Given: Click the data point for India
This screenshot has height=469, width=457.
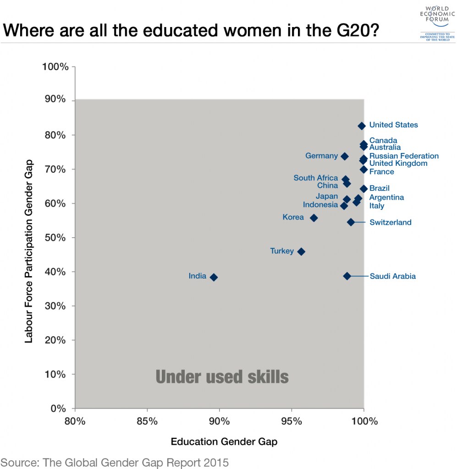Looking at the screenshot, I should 214,277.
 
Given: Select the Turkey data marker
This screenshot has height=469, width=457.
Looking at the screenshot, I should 301,251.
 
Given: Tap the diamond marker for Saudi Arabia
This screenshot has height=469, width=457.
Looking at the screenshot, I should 347,276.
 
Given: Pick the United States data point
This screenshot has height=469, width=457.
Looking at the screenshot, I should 362,125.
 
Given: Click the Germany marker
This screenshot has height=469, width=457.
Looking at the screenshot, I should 345,156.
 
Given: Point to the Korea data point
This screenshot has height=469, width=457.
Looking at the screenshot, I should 314,218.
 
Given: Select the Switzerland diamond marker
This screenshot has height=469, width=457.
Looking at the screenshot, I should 351,222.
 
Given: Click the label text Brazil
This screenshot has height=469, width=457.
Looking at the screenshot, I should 379,188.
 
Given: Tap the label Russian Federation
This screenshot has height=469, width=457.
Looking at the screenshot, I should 404,156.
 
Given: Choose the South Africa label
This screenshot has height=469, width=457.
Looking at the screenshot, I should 315,178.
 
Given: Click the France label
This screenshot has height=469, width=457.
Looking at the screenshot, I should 381,172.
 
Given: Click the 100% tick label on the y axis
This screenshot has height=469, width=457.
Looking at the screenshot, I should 55,67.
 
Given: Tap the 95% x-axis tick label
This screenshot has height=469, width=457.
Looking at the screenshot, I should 292,421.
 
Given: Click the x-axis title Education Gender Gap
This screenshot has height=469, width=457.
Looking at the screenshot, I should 224,442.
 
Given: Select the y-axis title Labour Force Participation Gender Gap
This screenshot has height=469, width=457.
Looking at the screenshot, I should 28,251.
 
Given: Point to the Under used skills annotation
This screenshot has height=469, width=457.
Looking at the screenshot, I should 222,377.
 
